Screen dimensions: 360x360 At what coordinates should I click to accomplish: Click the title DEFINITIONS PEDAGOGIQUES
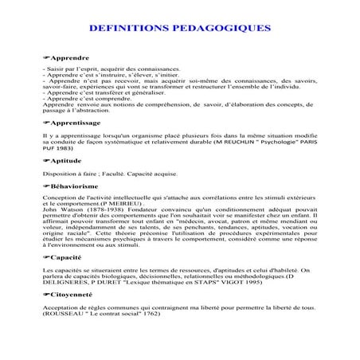pyautogui.click(x=180, y=27)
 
